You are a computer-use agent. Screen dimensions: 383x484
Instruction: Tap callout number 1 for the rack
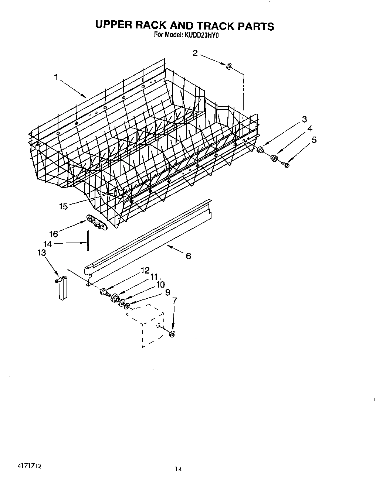(56, 77)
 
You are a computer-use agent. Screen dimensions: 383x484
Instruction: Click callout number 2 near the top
(195, 53)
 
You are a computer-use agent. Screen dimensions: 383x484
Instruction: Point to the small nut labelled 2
(229, 66)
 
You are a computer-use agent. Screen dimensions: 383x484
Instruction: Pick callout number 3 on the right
(304, 119)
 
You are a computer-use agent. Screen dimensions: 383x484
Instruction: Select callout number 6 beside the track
(188, 256)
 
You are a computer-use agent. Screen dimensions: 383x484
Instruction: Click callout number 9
(167, 292)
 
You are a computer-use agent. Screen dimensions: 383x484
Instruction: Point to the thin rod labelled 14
(88, 240)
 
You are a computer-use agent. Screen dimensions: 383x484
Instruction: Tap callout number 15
(64, 206)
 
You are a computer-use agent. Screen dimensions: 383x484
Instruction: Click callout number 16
(54, 234)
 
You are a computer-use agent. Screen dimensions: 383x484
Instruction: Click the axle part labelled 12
(105, 292)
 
